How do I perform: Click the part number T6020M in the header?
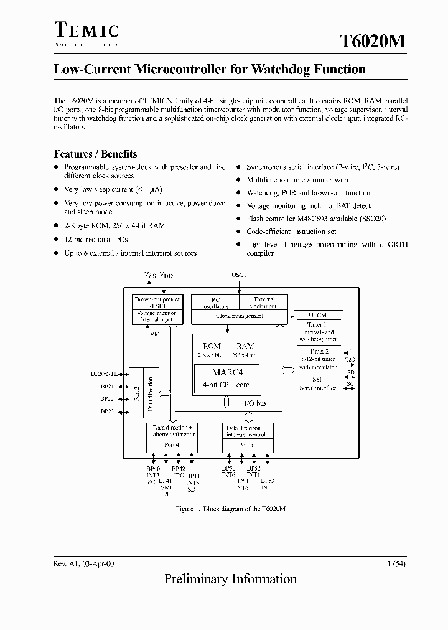[373, 41]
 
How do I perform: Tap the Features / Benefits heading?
[95, 154]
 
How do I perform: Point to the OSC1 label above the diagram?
[239, 275]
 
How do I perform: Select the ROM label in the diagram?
[212, 346]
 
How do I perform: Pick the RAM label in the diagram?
[245, 346]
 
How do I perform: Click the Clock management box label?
[239, 316]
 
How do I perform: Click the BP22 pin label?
[107, 399]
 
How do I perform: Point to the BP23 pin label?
[107, 411]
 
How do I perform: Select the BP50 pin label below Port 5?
[229, 468]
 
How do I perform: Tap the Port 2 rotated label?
[136, 395]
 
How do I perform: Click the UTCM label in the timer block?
[318, 315]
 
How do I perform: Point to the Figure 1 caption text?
[231, 509]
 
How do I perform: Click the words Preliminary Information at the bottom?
[230, 579]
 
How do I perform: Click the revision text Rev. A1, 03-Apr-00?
[84, 563]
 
